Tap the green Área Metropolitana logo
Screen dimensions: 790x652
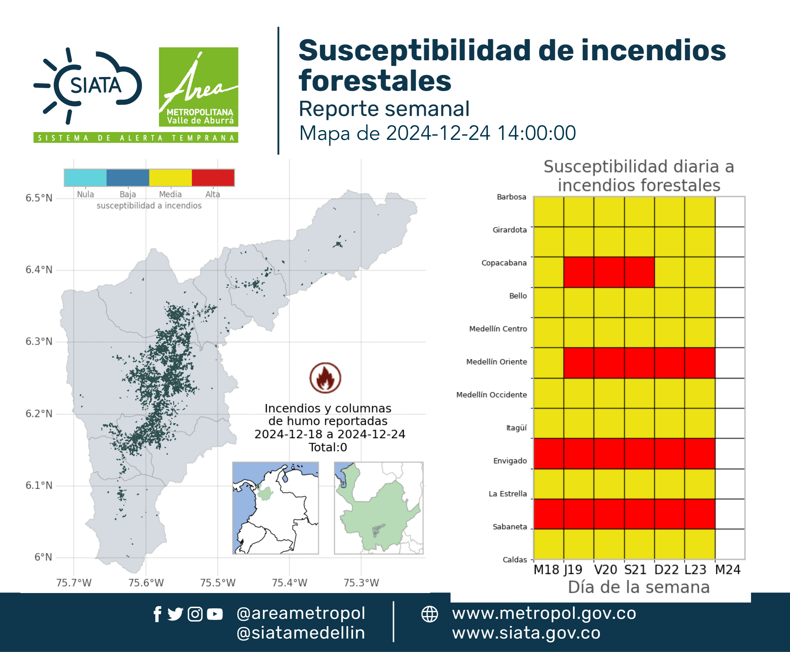[x=198, y=87]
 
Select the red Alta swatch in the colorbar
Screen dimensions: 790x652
[x=213, y=178]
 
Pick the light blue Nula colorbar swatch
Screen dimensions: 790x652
[x=86, y=178]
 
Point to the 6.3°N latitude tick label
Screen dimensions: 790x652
[x=39, y=341]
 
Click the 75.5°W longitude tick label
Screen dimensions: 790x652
[x=218, y=583]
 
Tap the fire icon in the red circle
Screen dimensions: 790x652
[x=325, y=378]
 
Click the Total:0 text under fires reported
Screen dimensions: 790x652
[x=328, y=447]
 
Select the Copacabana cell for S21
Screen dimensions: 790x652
[x=639, y=272]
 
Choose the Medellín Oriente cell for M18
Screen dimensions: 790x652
[x=549, y=363]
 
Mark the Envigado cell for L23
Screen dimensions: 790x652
[x=700, y=453]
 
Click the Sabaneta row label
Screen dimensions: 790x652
[x=510, y=527]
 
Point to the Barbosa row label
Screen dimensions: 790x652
[x=511, y=197]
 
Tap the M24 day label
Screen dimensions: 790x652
[x=728, y=570]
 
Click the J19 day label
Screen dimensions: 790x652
[x=573, y=570]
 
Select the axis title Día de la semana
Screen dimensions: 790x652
[x=639, y=587]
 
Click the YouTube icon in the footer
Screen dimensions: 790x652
[x=215, y=614]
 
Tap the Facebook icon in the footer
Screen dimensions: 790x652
[x=157, y=614]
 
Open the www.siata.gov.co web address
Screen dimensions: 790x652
[x=526, y=633]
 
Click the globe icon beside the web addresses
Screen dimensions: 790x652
[x=429, y=614]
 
